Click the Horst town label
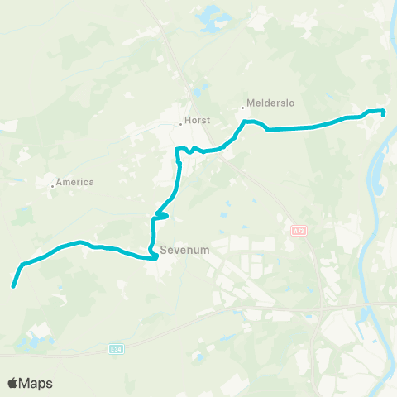click(x=197, y=120)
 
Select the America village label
click(x=76, y=182)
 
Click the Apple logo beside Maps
click(x=13, y=383)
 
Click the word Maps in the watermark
click(x=36, y=383)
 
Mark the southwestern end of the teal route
click(x=13, y=287)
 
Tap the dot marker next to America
click(x=52, y=186)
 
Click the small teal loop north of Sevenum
click(x=162, y=217)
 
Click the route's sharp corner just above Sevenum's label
click(x=155, y=258)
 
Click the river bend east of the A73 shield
click(x=371, y=240)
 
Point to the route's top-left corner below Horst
click(x=177, y=150)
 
